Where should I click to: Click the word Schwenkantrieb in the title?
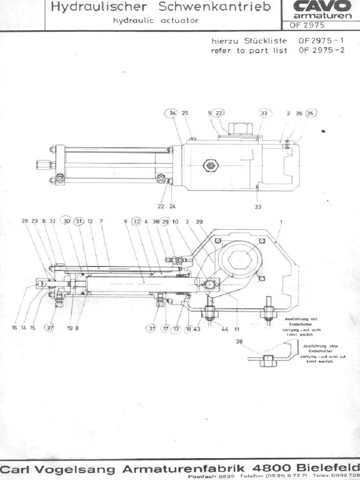pos(215,7)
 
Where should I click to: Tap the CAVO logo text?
pos(322,6)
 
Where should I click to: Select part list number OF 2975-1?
pos(321,41)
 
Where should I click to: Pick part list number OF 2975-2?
pos(321,50)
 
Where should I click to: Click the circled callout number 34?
pos(172,113)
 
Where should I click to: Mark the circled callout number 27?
pos(219,113)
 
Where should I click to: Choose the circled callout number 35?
pos(310,113)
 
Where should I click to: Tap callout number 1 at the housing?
pos(281,221)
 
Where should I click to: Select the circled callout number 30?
pos(67,221)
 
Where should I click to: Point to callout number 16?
pos(14,328)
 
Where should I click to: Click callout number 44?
pos(225,329)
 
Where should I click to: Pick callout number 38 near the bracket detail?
pos(240,342)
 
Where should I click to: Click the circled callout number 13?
pos(176,329)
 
